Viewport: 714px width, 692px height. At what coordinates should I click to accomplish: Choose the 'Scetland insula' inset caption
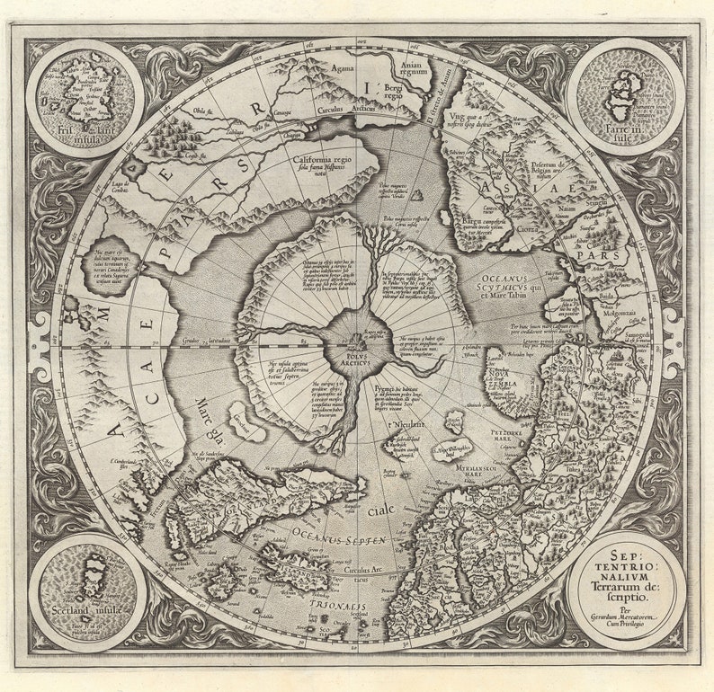coord(85,610)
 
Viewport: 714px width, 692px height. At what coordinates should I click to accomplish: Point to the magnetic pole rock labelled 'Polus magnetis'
coord(416,194)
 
